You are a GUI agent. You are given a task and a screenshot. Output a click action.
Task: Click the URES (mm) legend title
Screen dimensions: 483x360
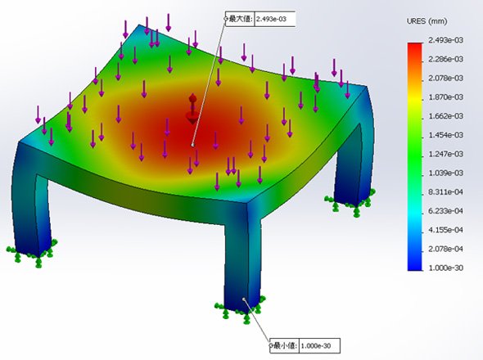[427, 21]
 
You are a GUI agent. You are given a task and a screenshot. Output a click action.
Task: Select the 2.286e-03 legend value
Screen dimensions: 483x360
[445, 59]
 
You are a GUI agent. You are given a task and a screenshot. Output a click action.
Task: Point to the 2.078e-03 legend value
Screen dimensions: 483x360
[445, 79]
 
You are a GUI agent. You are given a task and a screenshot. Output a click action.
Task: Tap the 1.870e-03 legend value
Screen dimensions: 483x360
[445, 97]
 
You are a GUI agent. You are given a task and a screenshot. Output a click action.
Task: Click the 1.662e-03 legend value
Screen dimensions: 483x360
[445, 116]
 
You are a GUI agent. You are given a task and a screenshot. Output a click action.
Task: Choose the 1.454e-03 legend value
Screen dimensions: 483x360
[445, 135]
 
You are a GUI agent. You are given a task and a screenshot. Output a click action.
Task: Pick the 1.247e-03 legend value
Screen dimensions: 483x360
[445, 154]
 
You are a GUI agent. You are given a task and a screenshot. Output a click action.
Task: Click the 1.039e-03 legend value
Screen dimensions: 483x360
[445, 173]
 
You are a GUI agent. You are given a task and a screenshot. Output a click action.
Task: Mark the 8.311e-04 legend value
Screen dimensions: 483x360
[445, 192]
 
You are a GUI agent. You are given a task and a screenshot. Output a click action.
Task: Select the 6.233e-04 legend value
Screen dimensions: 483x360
[445, 211]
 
